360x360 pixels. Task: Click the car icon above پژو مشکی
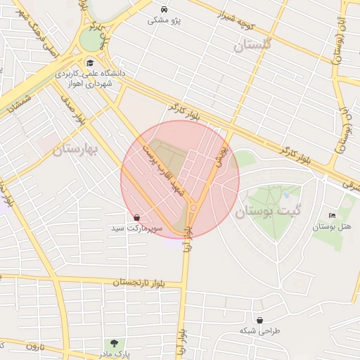(164, 10)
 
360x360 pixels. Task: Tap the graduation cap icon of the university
(89, 63)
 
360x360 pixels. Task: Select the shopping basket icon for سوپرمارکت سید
(136, 217)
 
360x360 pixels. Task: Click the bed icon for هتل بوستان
(332, 215)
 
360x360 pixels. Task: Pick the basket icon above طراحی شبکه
(260, 320)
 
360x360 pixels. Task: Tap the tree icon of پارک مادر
(114, 342)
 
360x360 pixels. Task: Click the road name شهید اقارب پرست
(162, 170)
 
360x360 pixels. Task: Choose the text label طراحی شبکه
(259, 330)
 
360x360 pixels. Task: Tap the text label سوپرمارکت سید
(136, 229)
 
